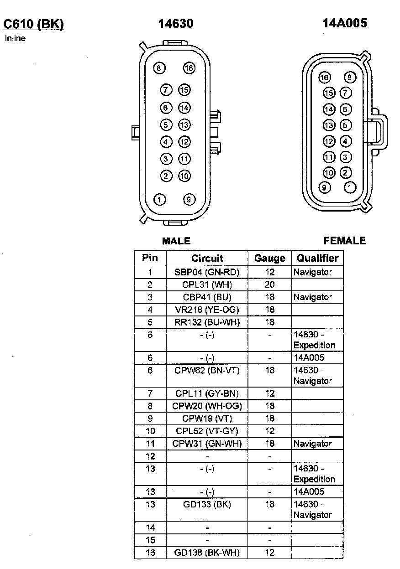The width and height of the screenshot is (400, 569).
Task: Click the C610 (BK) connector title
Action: click(33, 24)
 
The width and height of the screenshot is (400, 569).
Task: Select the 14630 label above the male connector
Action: click(176, 24)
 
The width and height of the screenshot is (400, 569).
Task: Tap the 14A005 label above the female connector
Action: click(345, 23)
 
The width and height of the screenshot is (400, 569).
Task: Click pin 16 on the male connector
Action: click(189, 68)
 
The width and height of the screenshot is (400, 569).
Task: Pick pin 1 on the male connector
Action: click(159, 199)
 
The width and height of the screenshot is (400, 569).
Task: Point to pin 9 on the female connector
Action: click(325, 187)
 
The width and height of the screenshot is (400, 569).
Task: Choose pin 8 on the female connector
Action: click(350, 78)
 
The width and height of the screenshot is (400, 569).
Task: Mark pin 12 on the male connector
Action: click(184, 142)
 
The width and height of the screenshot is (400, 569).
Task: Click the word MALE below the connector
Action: click(176, 241)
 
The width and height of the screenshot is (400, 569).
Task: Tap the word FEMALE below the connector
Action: click(345, 241)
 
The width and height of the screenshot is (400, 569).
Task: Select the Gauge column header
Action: click(269, 258)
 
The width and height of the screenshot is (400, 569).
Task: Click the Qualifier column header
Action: click(317, 258)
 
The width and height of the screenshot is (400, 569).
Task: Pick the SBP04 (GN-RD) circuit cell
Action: click(207, 272)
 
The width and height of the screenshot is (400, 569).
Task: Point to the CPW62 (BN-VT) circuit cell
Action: click(207, 370)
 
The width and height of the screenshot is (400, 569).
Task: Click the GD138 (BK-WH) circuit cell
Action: click(207, 553)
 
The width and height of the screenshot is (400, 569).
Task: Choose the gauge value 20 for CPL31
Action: click(270, 285)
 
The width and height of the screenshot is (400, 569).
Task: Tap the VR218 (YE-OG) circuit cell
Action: click(207, 310)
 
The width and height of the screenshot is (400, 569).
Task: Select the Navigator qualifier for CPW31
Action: click(313, 443)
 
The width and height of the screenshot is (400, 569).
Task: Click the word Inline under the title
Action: click(15, 38)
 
